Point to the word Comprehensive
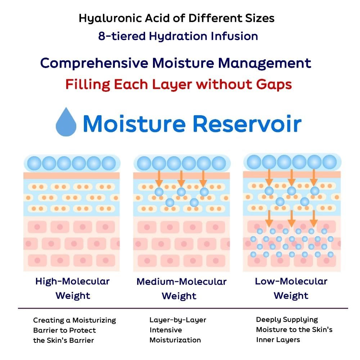point(94,63)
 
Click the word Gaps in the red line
point(274,85)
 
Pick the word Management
point(265,63)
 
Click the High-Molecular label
point(73,282)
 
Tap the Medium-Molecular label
point(181,282)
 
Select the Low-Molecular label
point(291,281)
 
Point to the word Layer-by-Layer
point(178,320)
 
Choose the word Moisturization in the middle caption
point(175,340)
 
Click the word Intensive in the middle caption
point(166,330)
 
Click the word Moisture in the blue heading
point(134,124)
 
